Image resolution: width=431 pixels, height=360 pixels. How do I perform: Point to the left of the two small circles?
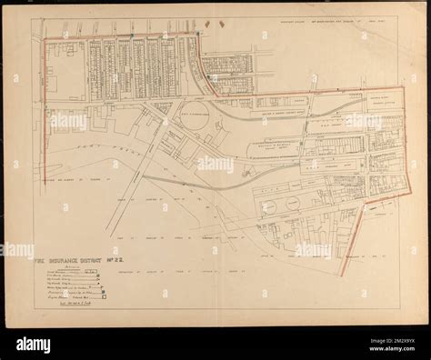coord(270,206)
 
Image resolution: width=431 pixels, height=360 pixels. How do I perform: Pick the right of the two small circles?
coord(293,204)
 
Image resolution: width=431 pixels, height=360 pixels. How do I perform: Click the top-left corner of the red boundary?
coord(44,38)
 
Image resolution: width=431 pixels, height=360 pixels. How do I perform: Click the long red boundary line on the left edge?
coord(43,109)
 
